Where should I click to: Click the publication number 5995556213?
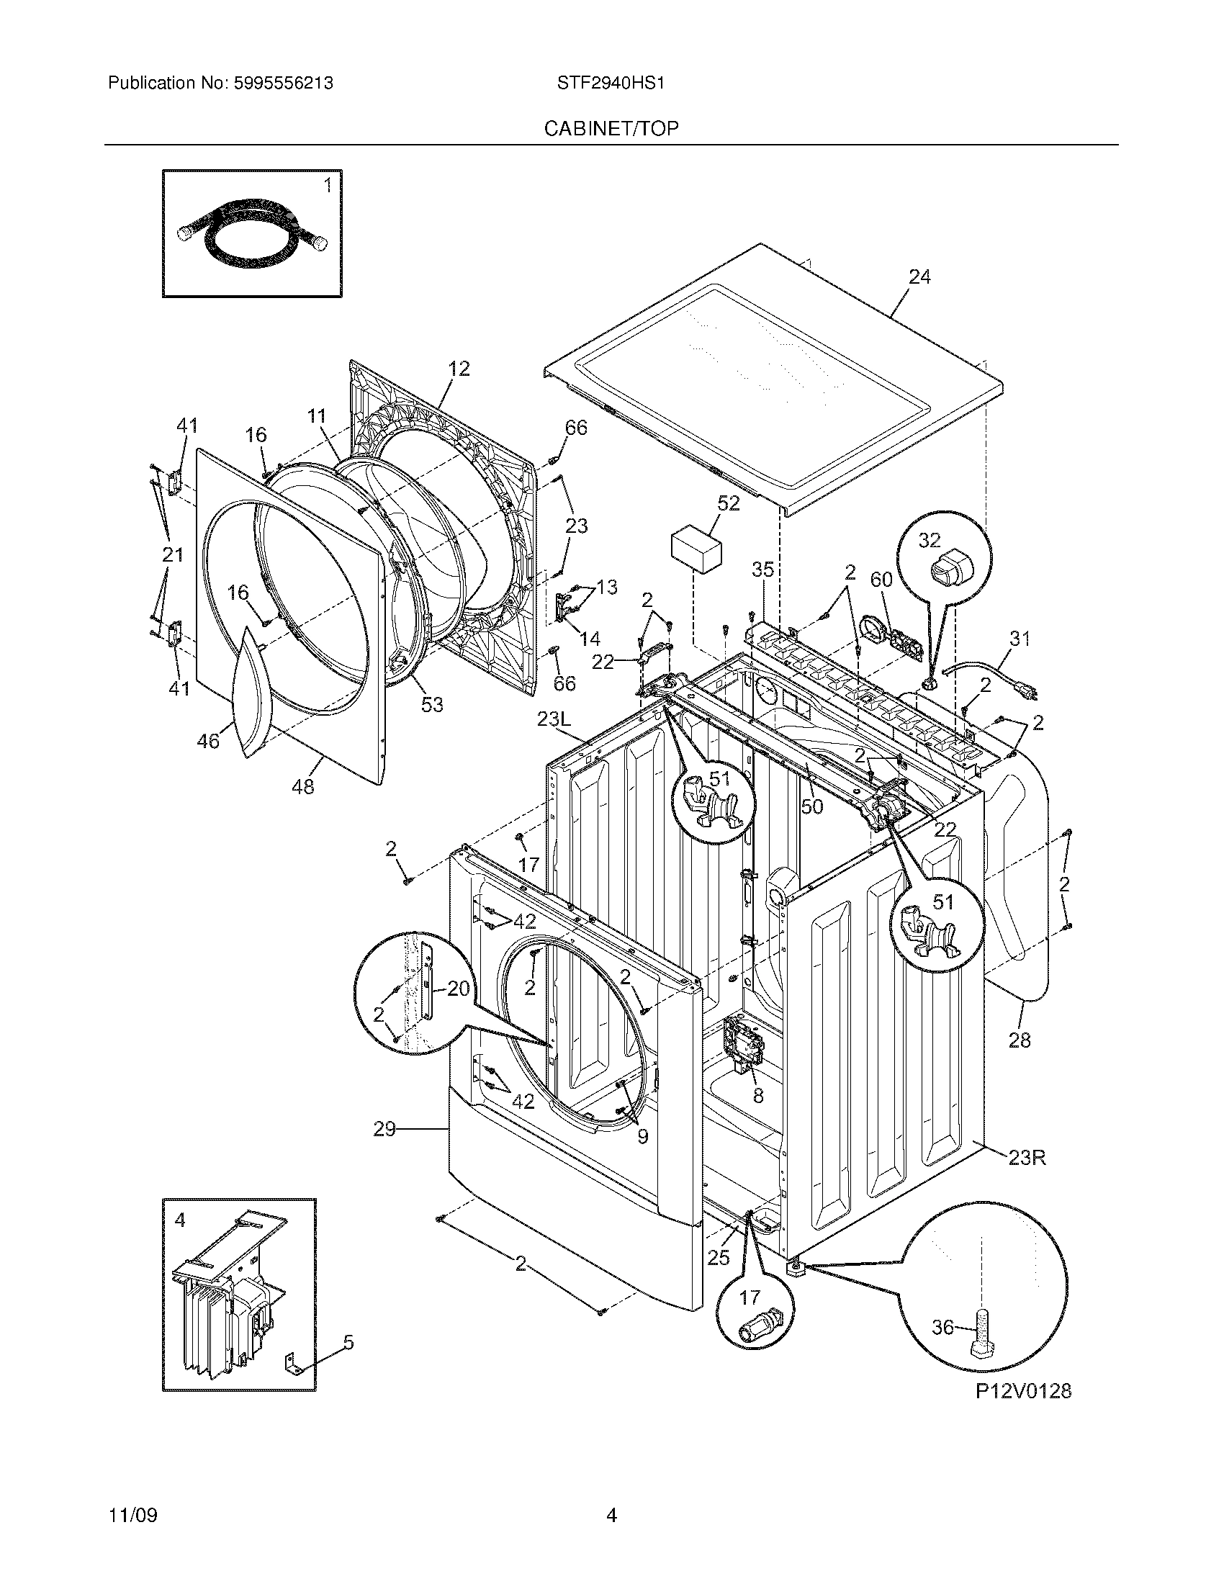pos(284,84)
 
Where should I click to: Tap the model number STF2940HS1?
pos(611,84)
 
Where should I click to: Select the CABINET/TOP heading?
pos(611,129)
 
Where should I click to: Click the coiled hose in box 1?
pos(250,233)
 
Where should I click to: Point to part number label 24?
pos(919,277)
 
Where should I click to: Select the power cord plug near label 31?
pos(1029,693)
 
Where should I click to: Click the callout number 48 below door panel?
pos(303,786)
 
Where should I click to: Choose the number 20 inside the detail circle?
pos(457,989)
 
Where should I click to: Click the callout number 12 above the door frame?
pos(458,369)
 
